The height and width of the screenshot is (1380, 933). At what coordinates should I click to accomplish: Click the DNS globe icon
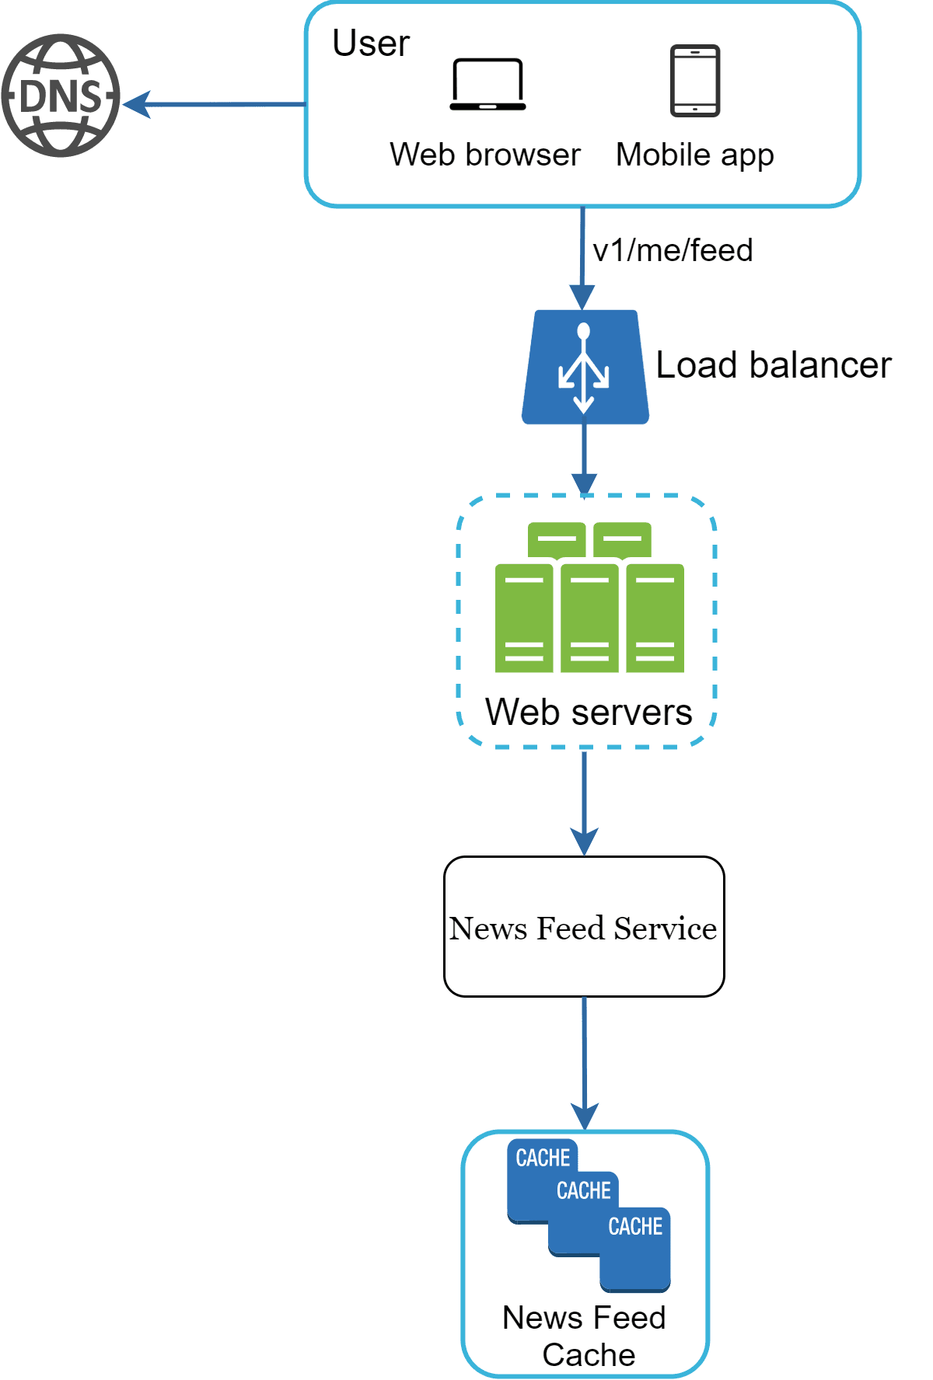pos(61,96)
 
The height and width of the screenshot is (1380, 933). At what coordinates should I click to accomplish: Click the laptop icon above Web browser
pos(487,84)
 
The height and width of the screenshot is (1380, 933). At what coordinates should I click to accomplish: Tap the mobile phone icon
pos(695,81)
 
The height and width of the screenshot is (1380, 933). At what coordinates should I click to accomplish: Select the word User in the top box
pos(370,44)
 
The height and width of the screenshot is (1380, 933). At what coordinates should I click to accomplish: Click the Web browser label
pos(485,155)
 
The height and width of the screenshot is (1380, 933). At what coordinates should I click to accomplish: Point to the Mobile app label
pos(694,155)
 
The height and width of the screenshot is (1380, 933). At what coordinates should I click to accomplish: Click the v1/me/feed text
pos(673,250)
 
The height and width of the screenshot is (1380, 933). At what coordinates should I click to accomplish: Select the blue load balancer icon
pos(585,367)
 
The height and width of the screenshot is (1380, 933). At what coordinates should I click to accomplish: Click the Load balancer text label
pos(773,365)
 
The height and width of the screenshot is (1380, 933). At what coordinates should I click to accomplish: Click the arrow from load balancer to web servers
pos(585,458)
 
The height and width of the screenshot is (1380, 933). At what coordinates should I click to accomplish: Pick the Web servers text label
pos(589,712)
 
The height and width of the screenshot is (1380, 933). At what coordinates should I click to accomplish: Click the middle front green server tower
pos(589,618)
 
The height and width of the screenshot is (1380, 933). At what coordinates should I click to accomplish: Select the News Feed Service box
pos(584,927)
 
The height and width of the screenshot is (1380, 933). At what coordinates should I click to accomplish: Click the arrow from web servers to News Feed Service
pos(585,800)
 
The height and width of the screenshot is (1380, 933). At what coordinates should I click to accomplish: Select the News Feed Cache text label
pos(585,1336)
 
